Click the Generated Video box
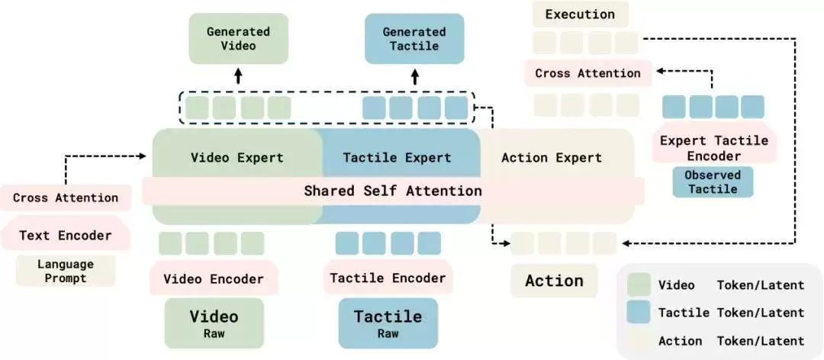(238, 38)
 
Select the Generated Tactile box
(414, 38)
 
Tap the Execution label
(580, 14)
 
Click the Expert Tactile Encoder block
(713, 148)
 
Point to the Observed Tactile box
(713, 182)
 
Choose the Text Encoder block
(66, 235)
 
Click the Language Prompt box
(66, 271)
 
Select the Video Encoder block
(214, 278)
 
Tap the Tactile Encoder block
(388, 278)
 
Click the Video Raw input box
(214, 323)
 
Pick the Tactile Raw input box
(388, 323)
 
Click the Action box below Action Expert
(554, 280)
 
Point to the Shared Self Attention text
(393, 190)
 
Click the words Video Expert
(237, 157)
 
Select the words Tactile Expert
(397, 157)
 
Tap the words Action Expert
(552, 157)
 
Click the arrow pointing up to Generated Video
(238, 76)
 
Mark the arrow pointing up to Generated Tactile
(414, 76)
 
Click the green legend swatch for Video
(639, 284)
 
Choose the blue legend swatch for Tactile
(639, 313)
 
